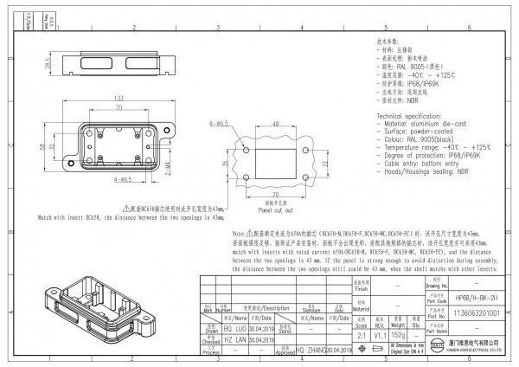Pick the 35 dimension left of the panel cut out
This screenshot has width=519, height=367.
pos(224,163)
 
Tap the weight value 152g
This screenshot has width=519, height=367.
pos(399,335)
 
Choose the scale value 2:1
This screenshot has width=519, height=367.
pos(362,335)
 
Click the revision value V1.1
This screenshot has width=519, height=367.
pos(379,335)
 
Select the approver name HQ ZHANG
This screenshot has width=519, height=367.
pos(311,349)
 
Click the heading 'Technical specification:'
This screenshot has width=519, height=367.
pos(413,114)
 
